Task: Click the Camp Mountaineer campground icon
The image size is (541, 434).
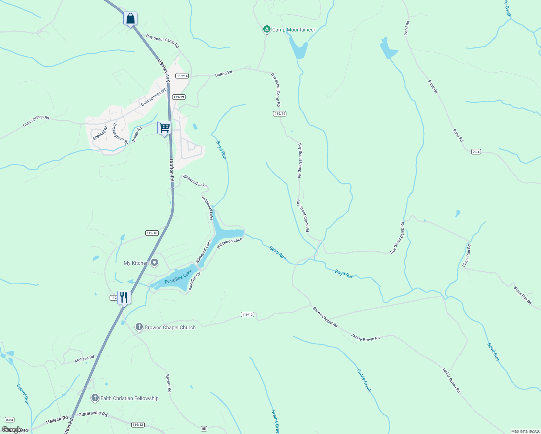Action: click(x=267, y=29)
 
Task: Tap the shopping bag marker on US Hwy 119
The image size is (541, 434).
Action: click(x=130, y=18)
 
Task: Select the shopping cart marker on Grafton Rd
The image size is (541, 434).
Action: click(x=164, y=128)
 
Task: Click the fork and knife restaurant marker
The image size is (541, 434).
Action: click(x=124, y=298)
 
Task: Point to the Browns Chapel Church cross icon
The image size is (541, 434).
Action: click(x=139, y=327)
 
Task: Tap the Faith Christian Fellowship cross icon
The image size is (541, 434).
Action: click(x=95, y=398)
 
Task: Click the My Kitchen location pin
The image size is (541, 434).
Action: click(x=154, y=263)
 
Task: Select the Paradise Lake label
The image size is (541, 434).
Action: click(x=179, y=277)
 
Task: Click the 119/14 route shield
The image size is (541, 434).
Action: click(x=182, y=76)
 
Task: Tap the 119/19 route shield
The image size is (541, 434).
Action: click(x=179, y=97)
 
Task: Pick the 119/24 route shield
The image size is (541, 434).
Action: click(x=280, y=114)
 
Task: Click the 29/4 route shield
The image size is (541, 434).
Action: click(x=476, y=152)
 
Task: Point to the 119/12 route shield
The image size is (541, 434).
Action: click(x=248, y=315)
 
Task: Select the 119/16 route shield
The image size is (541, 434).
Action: click(x=152, y=233)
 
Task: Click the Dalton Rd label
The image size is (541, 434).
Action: click(x=223, y=74)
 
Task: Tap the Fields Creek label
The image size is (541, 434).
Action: click(x=364, y=380)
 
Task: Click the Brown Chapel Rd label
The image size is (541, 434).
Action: click(x=325, y=317)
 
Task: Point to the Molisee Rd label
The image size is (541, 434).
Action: click(x=84, y=359)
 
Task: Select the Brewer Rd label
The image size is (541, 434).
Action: click(x=168, y=383)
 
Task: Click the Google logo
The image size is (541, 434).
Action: click(x=12, y=430)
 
